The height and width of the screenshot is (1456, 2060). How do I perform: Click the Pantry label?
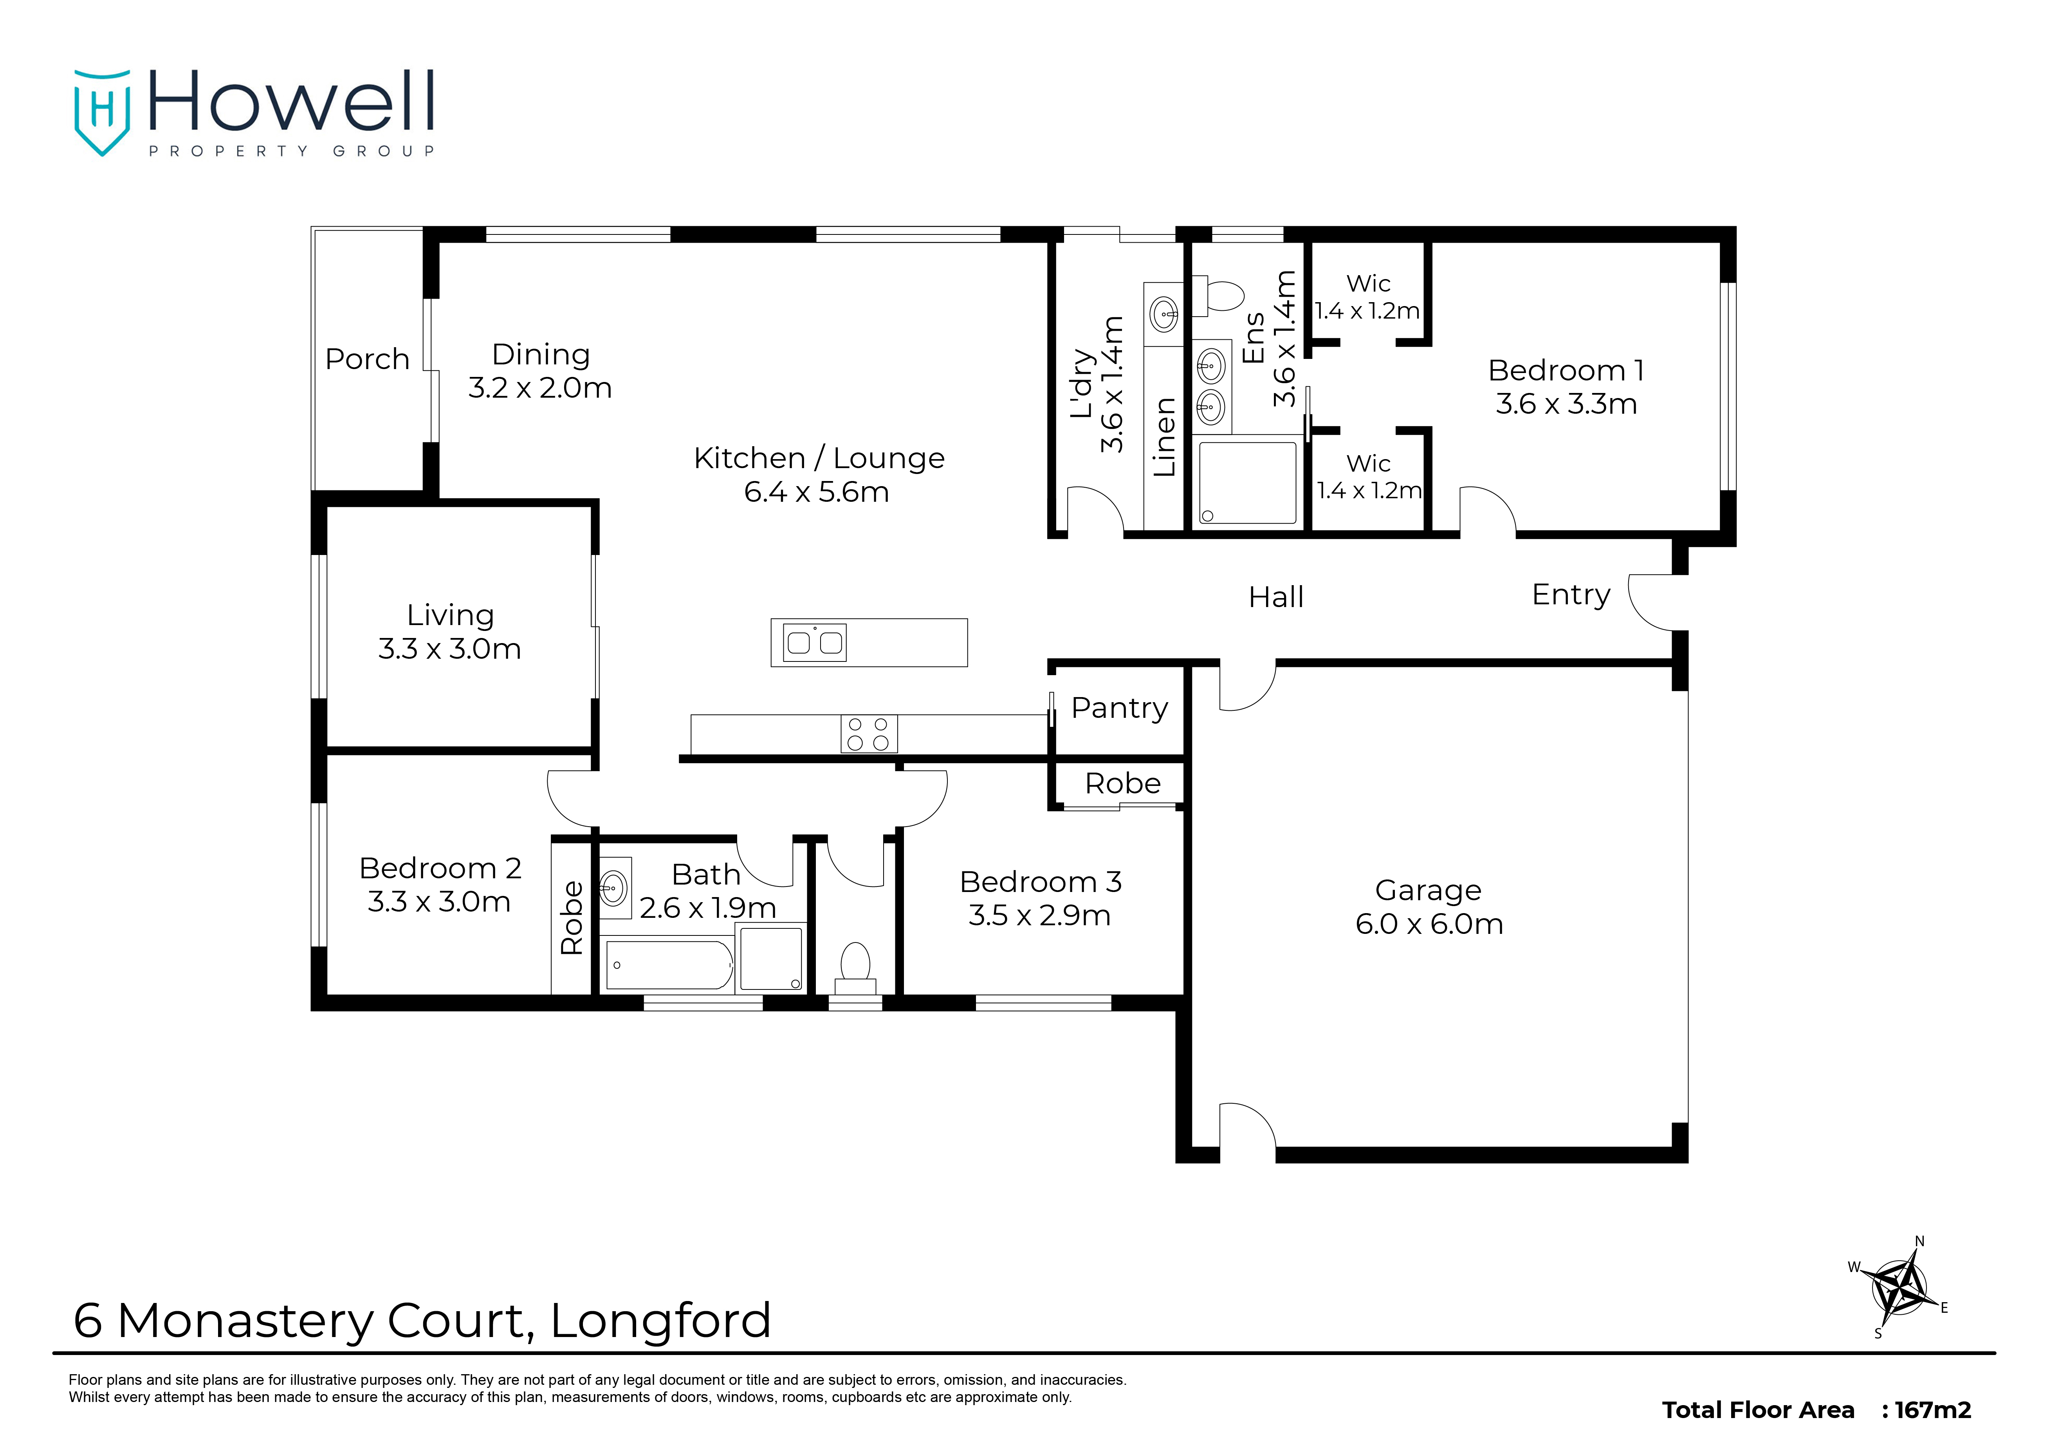click(1120, 708)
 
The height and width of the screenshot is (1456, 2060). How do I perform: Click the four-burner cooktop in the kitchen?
click(868, 734)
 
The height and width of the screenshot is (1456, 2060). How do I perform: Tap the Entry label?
click(1571, 595)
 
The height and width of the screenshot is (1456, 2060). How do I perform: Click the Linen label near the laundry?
click(1163, 437)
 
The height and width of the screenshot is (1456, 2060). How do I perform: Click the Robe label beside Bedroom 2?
click(572, 918)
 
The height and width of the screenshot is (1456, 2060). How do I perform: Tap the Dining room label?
click(541, 354)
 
